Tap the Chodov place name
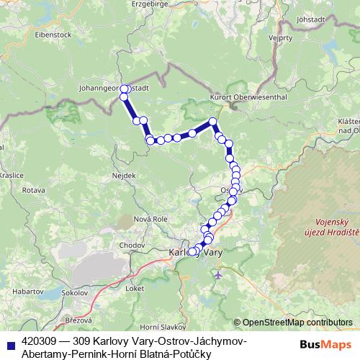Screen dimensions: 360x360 [x=132, y=245]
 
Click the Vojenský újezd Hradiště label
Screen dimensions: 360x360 [x=337, y=229]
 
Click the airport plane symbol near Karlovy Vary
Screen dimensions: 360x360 [x=218, y=275]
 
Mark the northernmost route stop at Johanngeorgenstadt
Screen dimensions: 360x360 [x=124, y=89]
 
